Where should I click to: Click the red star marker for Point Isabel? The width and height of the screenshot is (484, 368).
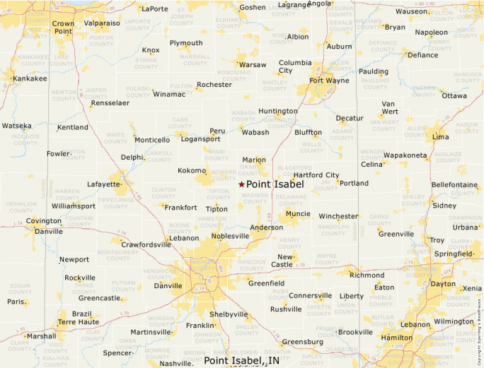[x=241, y=184]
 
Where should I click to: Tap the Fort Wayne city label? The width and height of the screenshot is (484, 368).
[x=329, y=81]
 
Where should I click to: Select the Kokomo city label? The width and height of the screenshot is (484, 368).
[x=192, y=171]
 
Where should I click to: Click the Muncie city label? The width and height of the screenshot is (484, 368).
[x=297, y=213]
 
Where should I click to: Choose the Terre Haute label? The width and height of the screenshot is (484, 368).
[x=77, y=321]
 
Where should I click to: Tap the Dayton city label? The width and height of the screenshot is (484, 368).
[x=443, y=283]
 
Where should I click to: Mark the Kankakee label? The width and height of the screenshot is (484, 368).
[x=30, y=78]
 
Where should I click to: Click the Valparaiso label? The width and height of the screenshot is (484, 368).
[x=102, y=23]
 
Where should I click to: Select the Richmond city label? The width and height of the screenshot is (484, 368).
[x=367, y=275]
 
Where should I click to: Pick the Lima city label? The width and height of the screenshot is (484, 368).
[x=440, y=136]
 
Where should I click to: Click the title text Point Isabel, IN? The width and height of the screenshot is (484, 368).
[x=241, y=360]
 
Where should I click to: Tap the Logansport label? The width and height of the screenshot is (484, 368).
[x=201, y=139]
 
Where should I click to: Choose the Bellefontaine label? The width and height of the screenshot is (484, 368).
[x=454, y=184]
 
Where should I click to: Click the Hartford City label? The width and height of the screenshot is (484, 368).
[x=316, y=175]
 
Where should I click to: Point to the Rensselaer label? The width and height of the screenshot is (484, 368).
[x=110, y=103]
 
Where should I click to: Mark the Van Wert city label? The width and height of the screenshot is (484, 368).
[x=389, y=107]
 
